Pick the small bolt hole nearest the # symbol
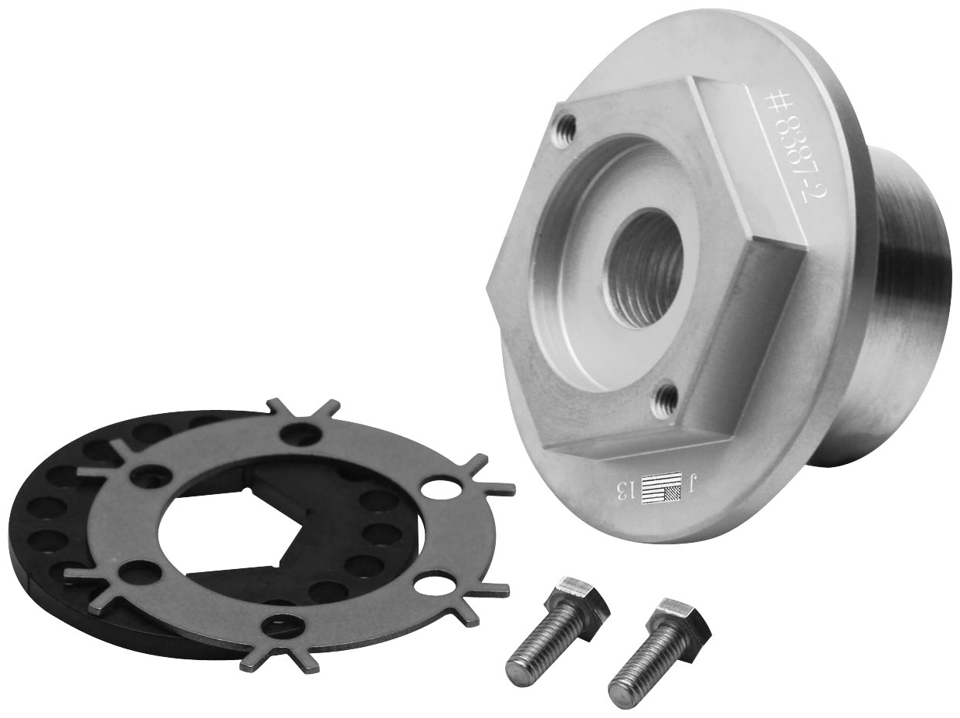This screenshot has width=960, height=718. [x=567, y=127]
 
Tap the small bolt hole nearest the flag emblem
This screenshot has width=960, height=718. [x=666, y=398]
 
